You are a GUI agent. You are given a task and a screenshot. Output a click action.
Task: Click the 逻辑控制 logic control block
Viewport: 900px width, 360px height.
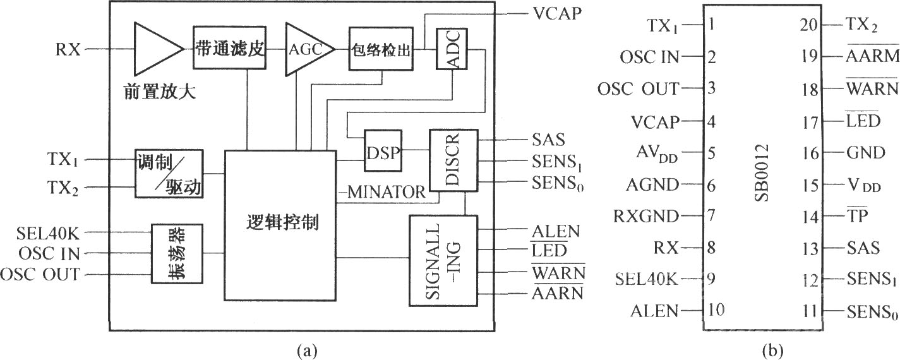(x=280, y=225)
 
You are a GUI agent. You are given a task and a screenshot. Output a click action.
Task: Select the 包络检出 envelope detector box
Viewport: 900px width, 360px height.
(x=381, y=51)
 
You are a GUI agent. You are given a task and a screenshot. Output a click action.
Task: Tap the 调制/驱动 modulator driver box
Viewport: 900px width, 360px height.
(x=169, y=174)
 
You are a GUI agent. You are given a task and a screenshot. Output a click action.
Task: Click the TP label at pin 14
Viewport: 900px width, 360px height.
(x=856, y=215)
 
